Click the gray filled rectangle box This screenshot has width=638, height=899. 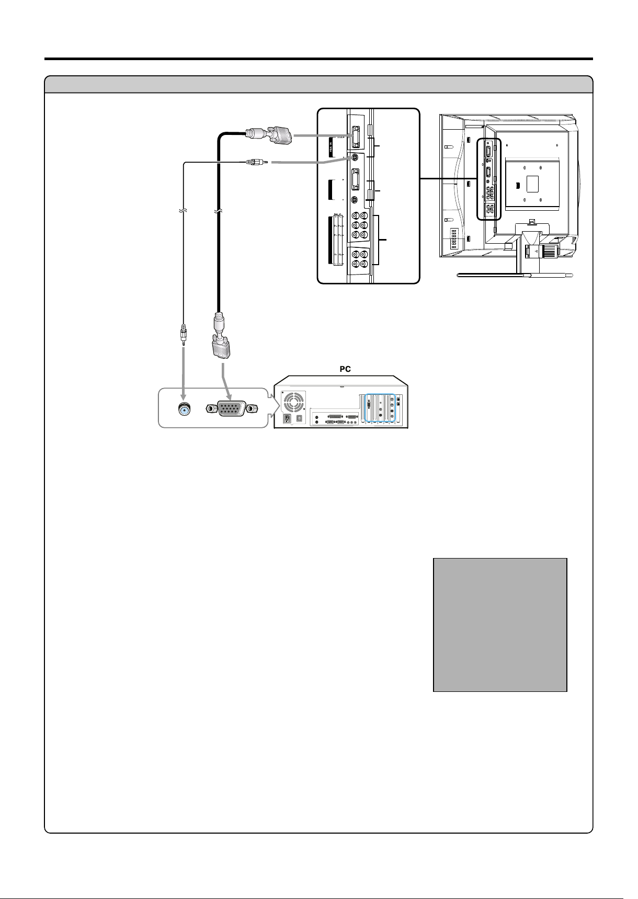point(500,624)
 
